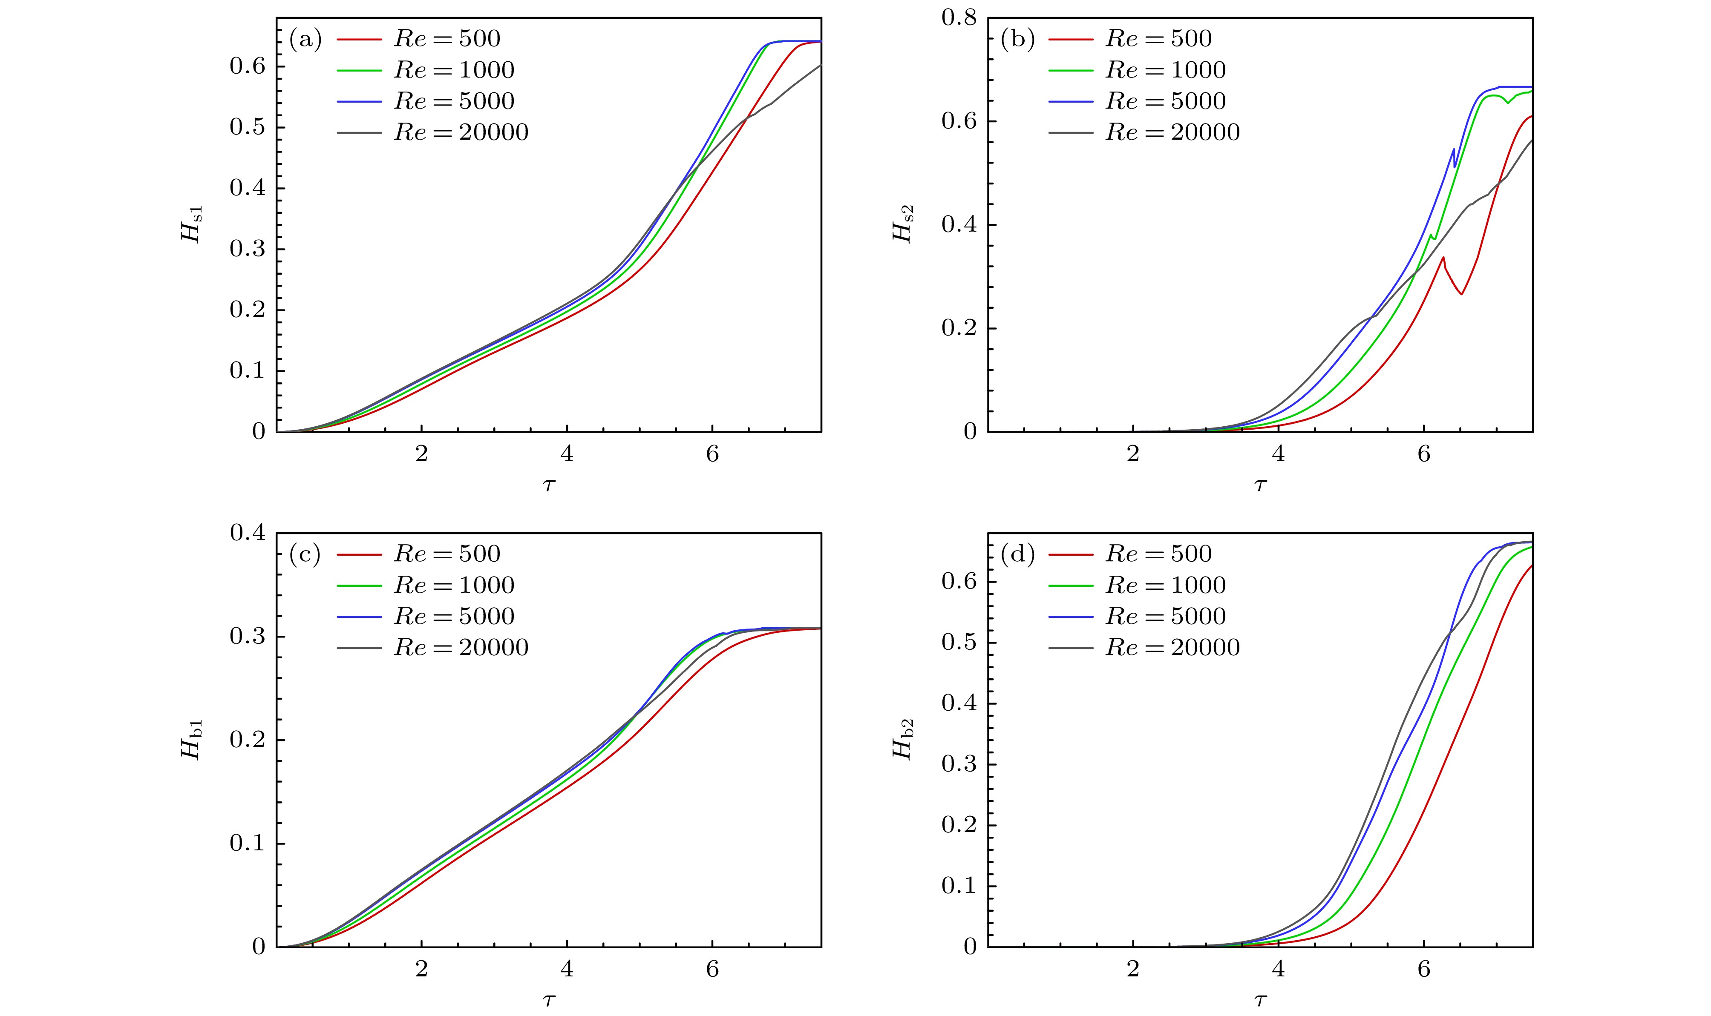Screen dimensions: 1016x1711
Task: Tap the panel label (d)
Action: [x=1017, y=554]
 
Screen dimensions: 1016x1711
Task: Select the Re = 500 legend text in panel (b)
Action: [x=1158, y=39]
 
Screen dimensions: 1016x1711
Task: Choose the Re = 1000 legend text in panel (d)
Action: [x=1165, y=585]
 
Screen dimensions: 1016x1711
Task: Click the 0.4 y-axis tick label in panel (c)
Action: [x=247, y=533]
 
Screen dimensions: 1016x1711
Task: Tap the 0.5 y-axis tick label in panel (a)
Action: [x=247, y=127]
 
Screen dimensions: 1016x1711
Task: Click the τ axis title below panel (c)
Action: [x=549, y=1001]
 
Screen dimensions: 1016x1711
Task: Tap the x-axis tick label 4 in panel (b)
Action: [x=1278, y=455]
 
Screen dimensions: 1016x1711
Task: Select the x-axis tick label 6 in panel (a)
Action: [x=712, y=455]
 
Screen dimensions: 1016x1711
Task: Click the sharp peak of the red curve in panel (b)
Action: [x=1443, y=258]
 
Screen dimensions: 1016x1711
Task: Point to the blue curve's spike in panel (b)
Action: [x=1454, y=149]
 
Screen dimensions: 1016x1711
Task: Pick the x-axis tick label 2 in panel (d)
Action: [x=1133, y=970]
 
